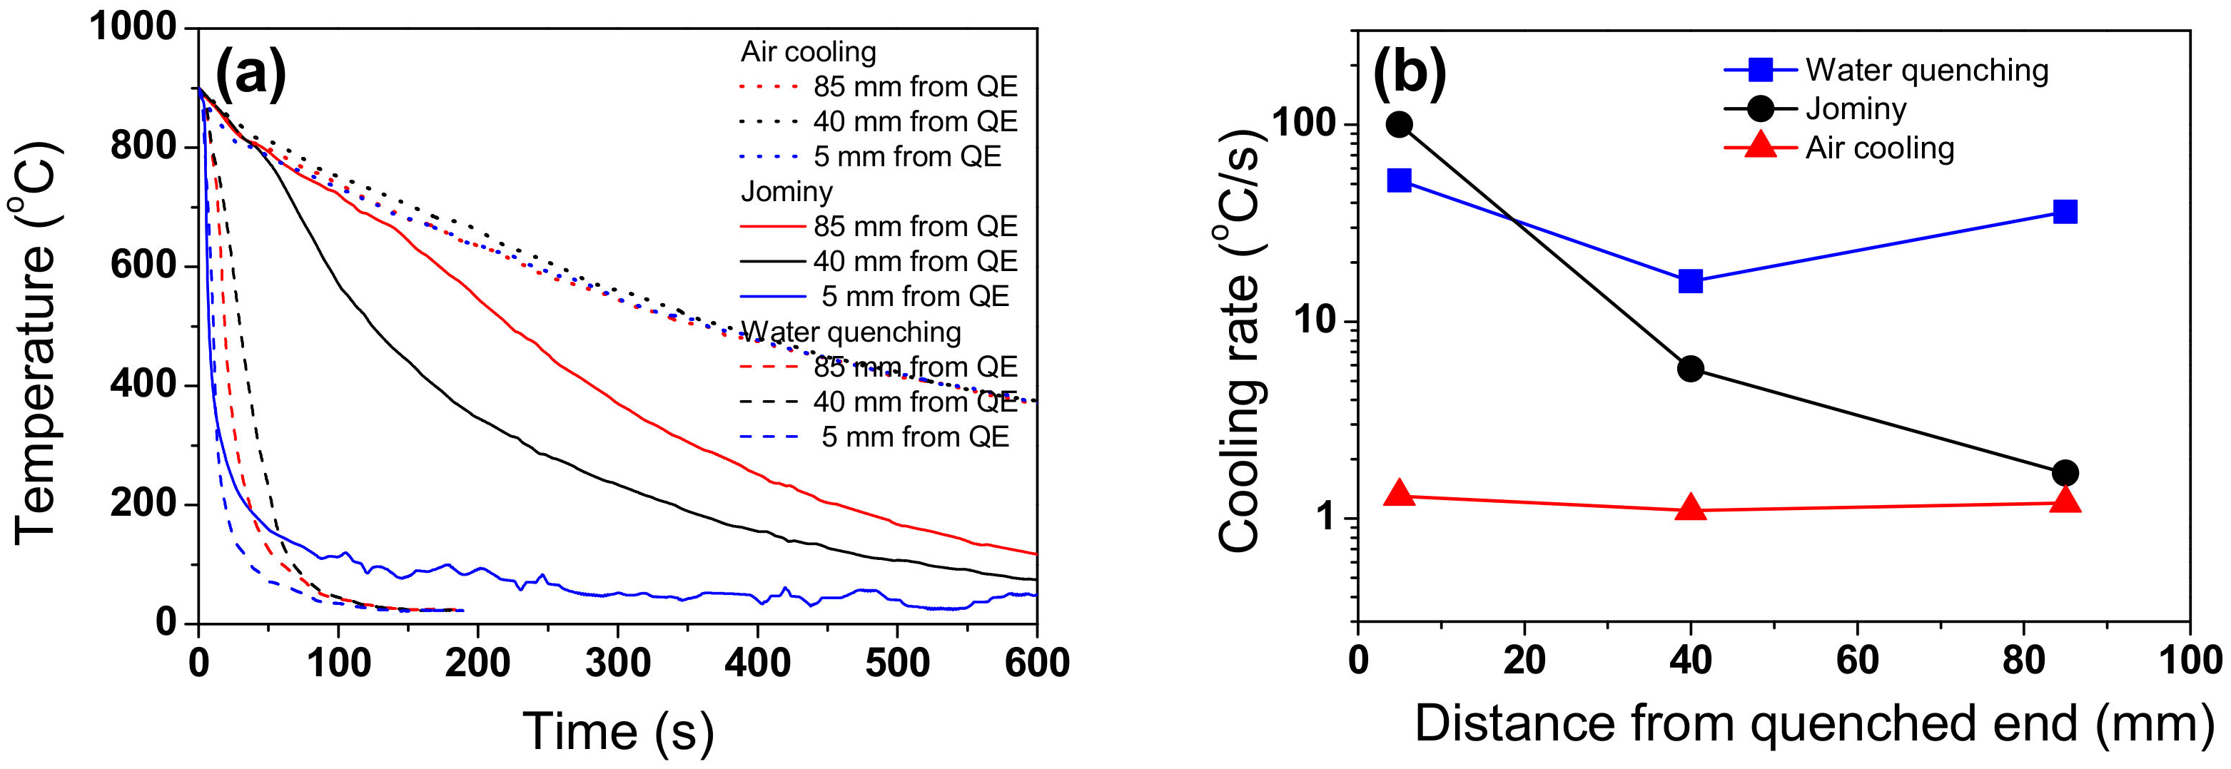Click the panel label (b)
1409,73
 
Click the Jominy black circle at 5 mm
1400,125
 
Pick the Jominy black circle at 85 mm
2065,473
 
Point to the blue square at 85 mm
2065,211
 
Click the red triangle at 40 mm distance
1691,509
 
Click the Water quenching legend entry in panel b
1926,69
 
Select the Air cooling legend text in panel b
1879,148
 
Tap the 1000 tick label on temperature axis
133,28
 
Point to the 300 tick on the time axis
617,663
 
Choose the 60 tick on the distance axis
1857,660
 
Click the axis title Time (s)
618,731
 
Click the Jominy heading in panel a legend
786,191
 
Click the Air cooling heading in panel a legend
808,52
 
